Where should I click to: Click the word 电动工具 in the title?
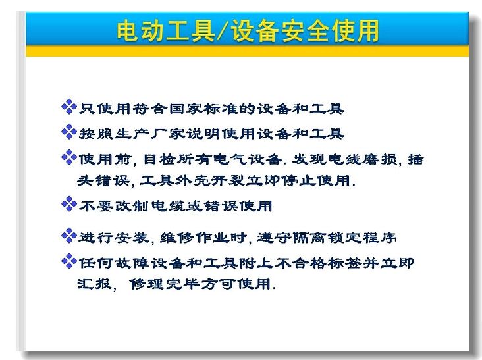pos(165,31)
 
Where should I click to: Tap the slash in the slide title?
pos(223,31)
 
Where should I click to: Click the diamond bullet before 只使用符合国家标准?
pos(69,107)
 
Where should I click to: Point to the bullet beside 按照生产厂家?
pos(69,132)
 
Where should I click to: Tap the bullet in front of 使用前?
pos(69,157)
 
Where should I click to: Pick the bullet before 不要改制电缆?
pos(69,204)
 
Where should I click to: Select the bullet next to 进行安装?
pos(69,236)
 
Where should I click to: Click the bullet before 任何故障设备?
pos(69,261)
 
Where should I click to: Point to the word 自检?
pos(159,159)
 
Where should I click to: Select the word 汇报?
pos(94,284)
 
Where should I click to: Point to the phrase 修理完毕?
pos(165,284)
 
